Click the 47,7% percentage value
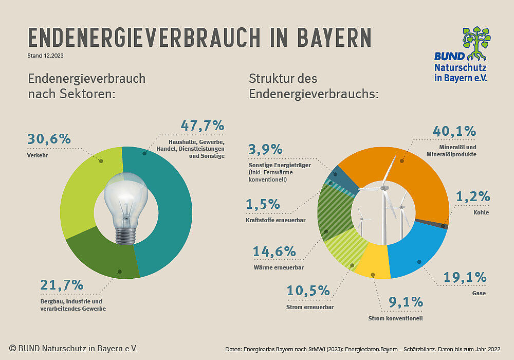[x=203, y=126]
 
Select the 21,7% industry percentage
[x=62, y=285]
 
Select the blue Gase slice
[x=416, y=252]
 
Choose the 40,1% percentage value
[x=454, y=132]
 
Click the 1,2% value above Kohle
[x=472, y=197]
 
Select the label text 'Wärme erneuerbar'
[x=278, y=267]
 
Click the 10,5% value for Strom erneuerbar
[x=308, y=291]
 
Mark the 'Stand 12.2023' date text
[x=46, y=55]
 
